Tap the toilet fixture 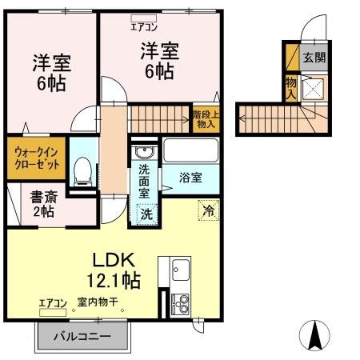[82, 170]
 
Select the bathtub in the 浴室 [190, 150]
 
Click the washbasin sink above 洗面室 [144, 152]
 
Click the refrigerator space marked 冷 [207, 211]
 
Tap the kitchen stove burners [179, 302]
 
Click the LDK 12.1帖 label [114, 270]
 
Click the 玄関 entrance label [314, 57]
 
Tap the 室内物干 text [98, 303]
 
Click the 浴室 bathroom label [190, 178]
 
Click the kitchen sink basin [178, 269]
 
